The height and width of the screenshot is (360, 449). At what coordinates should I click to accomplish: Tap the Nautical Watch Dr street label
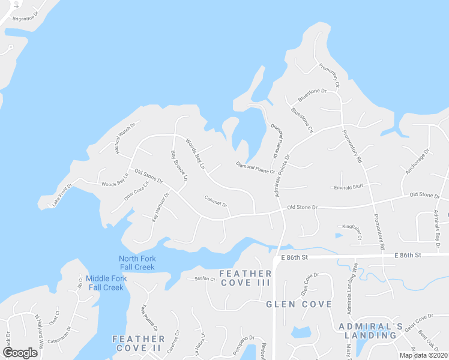pyautogui.click(x=126, y=138)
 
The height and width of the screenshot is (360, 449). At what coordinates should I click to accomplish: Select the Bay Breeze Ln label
pyautogui.click(x=179, y=166)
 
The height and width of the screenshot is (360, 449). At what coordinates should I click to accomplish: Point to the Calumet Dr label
pyautogui.click(x=216, y=200)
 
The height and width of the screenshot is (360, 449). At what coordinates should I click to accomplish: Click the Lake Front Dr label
pyautogui.click(x=62, y=195)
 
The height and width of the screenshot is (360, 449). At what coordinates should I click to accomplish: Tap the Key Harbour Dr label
pyautogui.click(x=160, y=208)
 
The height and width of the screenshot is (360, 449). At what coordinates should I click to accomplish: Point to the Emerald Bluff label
pyautogui.click(x=349, y=187)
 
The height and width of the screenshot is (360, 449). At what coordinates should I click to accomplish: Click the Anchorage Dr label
pyautogui.click(x=418, y=162)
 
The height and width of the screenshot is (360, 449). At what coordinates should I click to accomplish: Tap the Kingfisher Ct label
pyautogui.click(x=352, y=232)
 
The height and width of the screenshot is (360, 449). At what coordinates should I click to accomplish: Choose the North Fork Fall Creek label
pyautogui.click(x=137, y=263)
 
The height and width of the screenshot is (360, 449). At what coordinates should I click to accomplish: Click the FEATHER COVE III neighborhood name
pyautogui.click(x=246, y=278)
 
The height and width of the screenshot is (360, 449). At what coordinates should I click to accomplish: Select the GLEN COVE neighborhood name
pyautogui.click(x=299, y=304)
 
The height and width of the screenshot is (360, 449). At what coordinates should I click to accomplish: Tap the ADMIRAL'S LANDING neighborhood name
pyautogui.click(x=370, y=331)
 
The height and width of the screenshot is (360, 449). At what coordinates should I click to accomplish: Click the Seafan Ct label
pyautogui.click(x=205, y=278)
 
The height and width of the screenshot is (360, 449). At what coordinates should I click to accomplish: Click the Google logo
pyautogui.click(x=20, y=353)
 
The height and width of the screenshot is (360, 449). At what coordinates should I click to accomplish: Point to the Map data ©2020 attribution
pyautogui.click(x=423, y=355)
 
